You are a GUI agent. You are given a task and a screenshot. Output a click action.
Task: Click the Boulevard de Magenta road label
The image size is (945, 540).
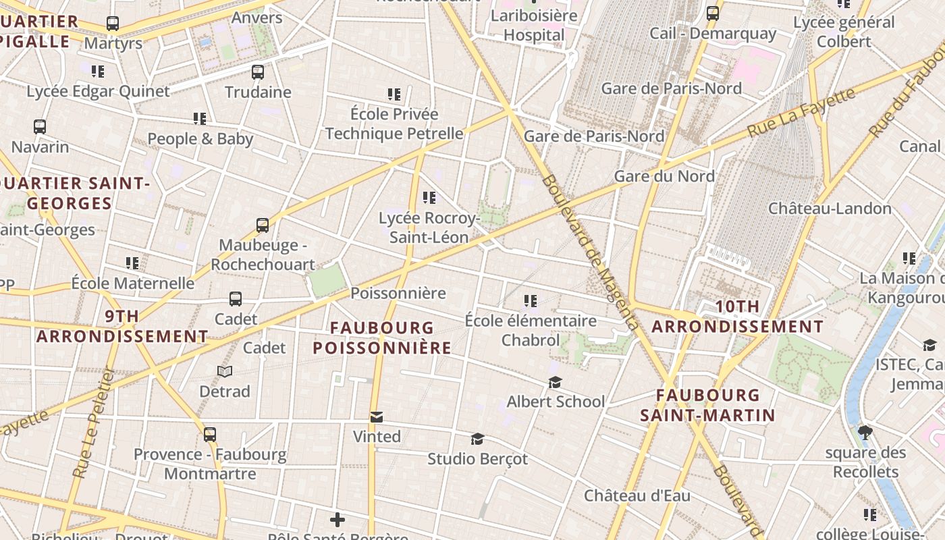pyautogui.click(x=590, y=253)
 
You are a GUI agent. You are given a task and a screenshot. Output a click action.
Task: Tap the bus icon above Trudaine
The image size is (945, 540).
pyautogui.click(x=258, y=72)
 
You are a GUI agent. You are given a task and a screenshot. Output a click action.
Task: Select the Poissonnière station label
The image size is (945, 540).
pyautogui.click(x=398, y=293)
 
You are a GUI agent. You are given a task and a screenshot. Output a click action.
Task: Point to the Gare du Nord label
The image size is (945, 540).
pyautogui.click(x=664, y=176)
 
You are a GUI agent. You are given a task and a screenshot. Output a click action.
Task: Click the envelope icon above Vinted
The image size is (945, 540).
pyautogui.click(x=377, y=417)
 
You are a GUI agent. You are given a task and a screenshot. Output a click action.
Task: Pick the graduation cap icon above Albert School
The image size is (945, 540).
pyautogui.click(x=555, y=383)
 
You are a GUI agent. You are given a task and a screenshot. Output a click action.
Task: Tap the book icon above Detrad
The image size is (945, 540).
pyautogui.click(x=225, y=371)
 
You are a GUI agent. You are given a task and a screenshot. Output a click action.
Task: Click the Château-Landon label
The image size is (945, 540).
pyautogui.click(x=830, y=208)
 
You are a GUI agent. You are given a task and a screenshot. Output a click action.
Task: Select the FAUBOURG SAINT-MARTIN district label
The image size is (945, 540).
pyautogui.click(x=707, y=405)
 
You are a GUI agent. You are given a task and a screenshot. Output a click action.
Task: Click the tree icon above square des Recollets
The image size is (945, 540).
pyautogui.click(x=865, y=432)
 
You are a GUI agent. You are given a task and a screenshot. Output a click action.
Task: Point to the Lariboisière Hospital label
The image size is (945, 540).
pyautogui.click(x=534, y=25)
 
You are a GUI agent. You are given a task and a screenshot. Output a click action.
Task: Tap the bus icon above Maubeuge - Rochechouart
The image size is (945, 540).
pyautogui.click(x=263, y=225)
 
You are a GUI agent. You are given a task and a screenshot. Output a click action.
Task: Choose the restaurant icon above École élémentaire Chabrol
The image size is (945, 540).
pyautogui.click(x=531, y=300)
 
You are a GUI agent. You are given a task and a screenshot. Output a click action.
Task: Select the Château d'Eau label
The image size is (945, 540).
pyautogui.click(x=637, y=495)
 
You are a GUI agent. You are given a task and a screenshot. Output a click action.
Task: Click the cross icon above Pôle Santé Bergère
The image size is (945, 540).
pyautogui.click(x=337, y=519)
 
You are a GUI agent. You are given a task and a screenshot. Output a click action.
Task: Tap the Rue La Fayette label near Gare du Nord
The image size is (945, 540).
pyautogui.click(x=801, y=113)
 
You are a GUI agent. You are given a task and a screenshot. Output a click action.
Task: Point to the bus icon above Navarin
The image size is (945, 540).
pyautogui.click(x=40, y=126)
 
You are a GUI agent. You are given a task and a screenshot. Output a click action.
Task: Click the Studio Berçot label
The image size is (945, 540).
pyautogui.click(x=477, y=459)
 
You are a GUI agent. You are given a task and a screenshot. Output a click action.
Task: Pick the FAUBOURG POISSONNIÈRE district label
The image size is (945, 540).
pyautogui.click(x=382, y=337)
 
